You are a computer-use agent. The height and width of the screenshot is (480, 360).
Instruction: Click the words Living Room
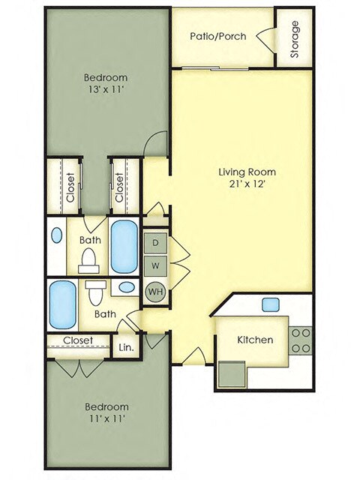point(241,170)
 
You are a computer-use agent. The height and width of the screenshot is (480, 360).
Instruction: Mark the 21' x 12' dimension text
point(241,184)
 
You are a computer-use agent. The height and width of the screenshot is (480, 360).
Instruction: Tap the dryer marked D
point(156,243)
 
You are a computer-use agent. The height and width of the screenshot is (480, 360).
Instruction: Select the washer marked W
point(156,265)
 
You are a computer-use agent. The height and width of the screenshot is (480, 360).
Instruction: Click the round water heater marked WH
point(156,291)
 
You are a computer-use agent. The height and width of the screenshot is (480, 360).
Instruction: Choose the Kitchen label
point(255,340)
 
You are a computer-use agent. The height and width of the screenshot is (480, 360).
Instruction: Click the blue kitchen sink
point(270,304)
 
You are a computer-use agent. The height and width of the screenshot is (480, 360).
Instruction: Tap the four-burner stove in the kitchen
point(301,340)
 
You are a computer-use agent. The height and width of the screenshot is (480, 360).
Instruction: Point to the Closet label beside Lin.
point(77,340)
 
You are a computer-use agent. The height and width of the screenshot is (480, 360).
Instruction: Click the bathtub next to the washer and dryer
point(124,247)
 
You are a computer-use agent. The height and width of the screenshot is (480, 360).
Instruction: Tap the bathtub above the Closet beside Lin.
point(63,304)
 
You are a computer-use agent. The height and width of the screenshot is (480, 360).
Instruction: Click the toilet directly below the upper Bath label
point(88,259)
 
